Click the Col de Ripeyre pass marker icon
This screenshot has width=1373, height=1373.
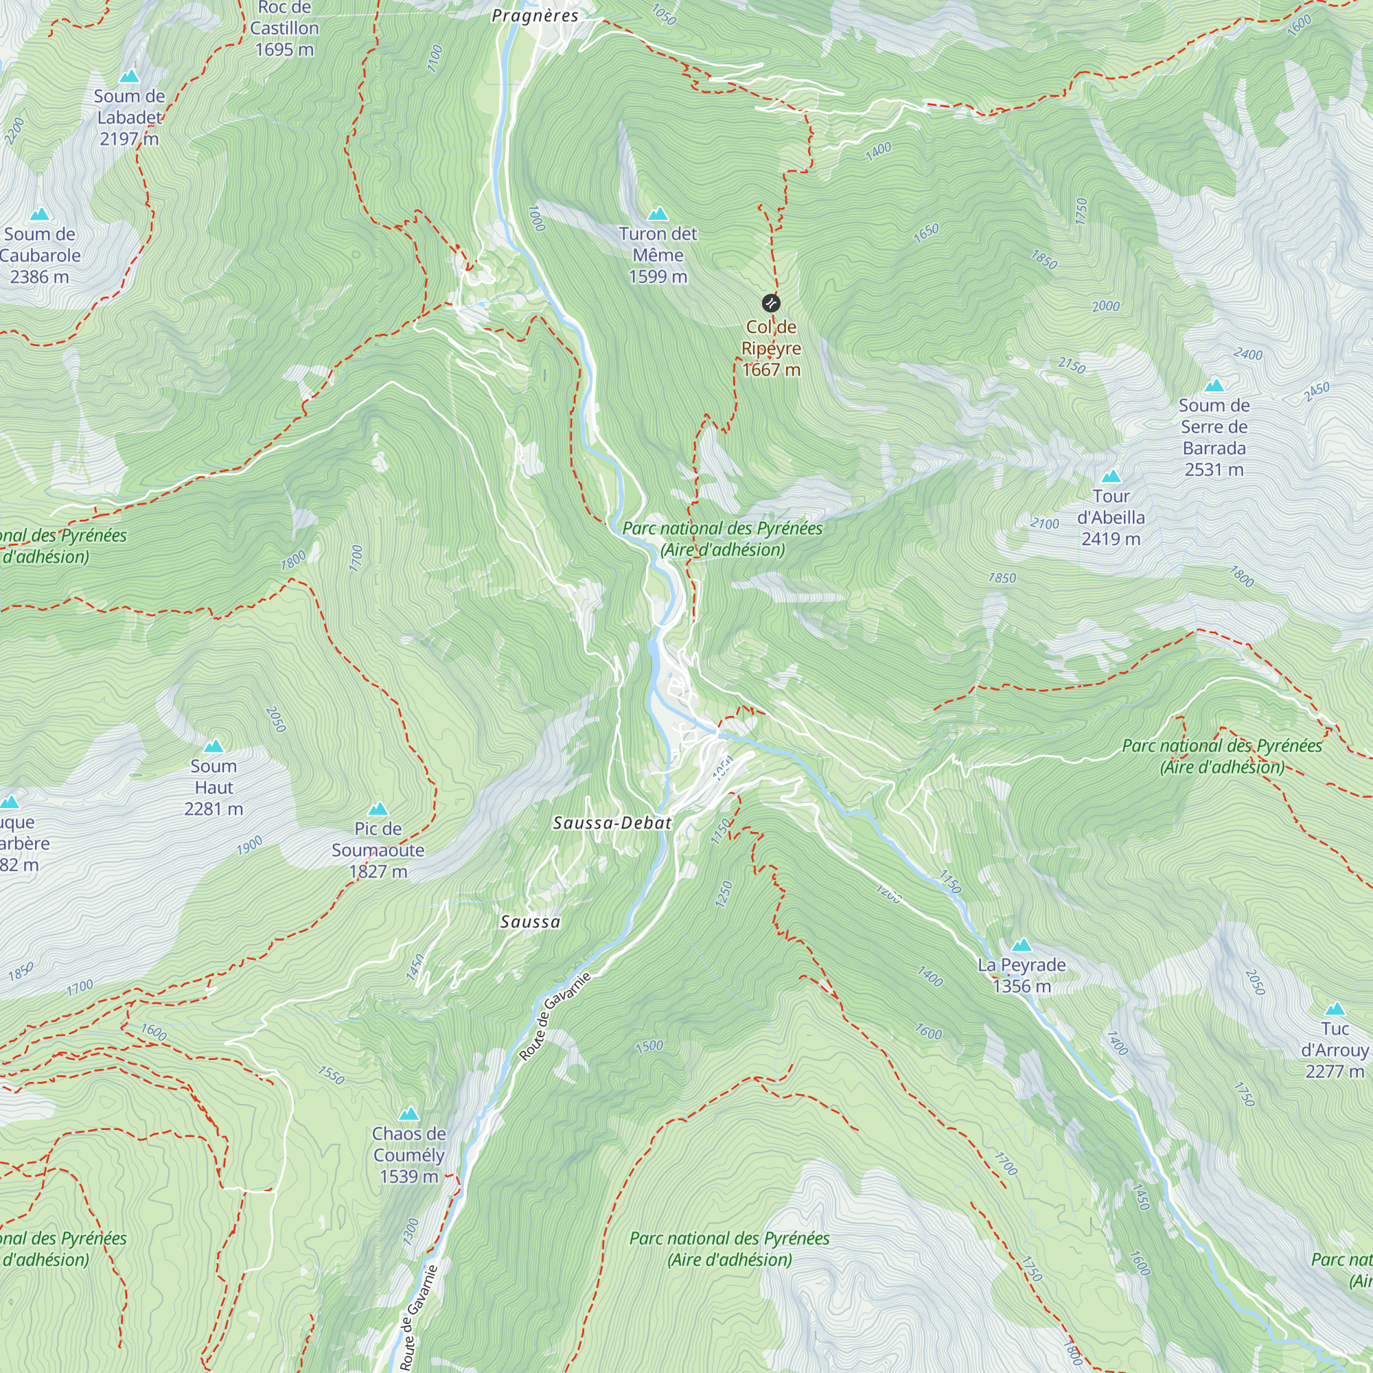[770, 304]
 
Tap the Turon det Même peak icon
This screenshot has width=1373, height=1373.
[658, 214]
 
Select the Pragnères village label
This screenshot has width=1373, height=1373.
[535, 16]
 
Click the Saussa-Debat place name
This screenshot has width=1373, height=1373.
[612, 823]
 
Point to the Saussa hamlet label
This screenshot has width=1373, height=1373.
[530, 922]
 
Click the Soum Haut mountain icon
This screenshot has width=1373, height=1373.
[214, 746]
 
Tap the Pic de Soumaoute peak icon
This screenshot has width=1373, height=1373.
[378, 809]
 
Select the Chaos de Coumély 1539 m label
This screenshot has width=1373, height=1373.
[408, 1155]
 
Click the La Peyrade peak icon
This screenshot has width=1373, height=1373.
[1022, 945]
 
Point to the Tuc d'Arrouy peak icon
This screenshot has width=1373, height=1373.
[1335, 1009]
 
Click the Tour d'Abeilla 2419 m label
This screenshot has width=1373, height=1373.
[1111, 518]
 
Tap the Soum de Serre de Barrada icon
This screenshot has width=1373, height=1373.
[1214, 386]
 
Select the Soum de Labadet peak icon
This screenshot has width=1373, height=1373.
[129, 76]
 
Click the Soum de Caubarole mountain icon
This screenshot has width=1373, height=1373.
[40, 214]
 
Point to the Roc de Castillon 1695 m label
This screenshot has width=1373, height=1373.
[284, 28]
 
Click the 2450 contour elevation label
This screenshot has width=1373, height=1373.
[1316, 391]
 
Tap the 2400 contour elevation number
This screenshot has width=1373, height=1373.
[1248, 354]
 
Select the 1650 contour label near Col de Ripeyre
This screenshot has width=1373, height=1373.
[926, 233]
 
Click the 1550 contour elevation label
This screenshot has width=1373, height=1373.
[331, 1074]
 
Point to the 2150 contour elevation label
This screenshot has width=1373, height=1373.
[1072, 365]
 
